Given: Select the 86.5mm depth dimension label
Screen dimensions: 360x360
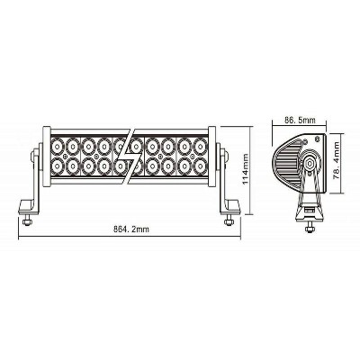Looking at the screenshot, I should pos(301,118).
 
